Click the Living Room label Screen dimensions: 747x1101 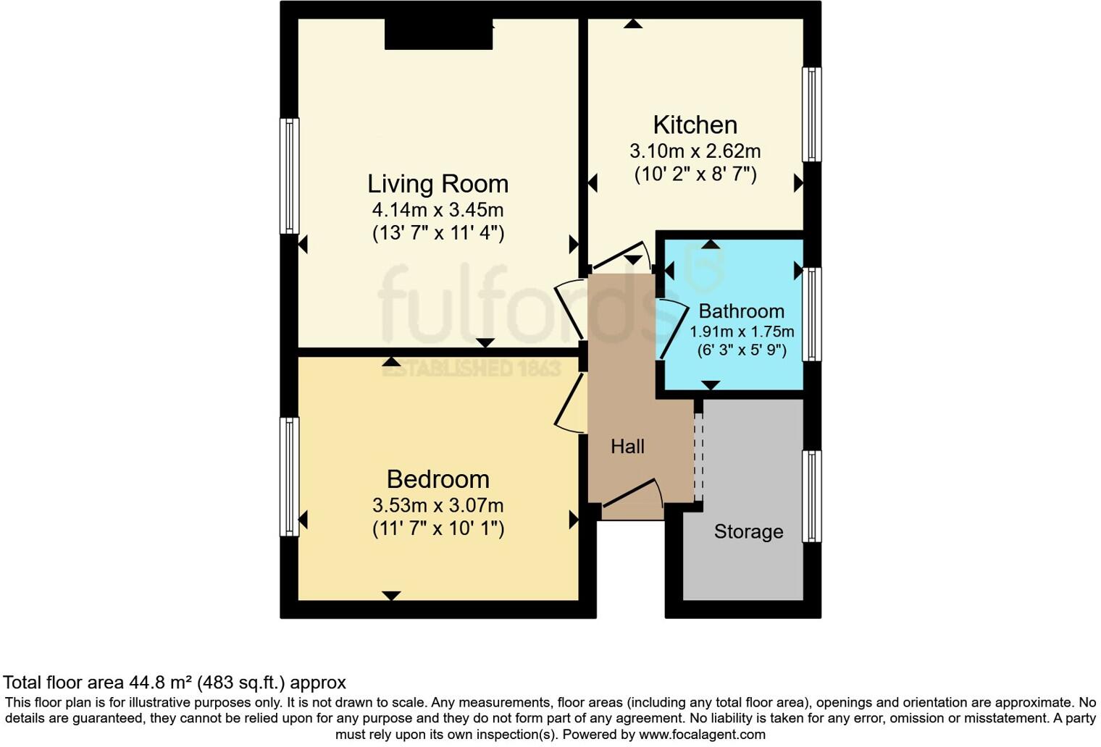point(438,184)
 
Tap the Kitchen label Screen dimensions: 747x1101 point(695,124)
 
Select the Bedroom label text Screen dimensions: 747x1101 point(438,479)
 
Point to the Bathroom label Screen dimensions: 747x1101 point(741,311)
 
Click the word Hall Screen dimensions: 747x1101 point(627,447)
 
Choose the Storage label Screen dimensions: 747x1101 point(748,532)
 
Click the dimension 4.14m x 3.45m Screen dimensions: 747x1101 point(438,211)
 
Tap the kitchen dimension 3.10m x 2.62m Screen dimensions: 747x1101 point(695,151)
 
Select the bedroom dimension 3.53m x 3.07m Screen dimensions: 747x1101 point(438,505)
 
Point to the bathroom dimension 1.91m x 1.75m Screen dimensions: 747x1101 point(742,332)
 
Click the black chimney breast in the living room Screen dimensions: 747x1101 point(438,34)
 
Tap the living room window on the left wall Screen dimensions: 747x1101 point(289,176)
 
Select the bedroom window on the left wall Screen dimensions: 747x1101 point(289,476)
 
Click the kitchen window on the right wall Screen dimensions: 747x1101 point(812,114)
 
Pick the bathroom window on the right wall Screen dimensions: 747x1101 point(812,313)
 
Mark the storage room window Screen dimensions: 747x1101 point(812,497)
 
